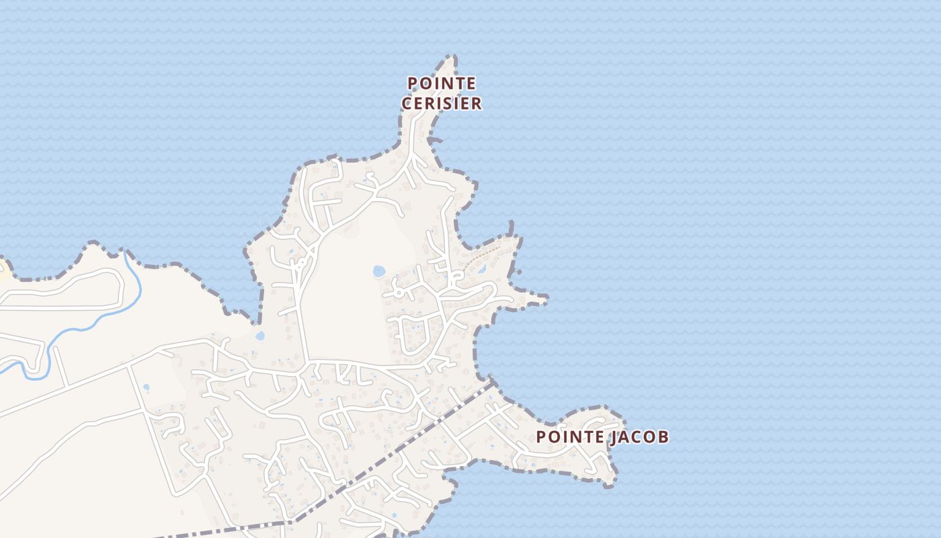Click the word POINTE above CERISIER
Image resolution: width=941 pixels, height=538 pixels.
[442, 83]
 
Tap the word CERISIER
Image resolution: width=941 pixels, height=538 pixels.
[442, 104]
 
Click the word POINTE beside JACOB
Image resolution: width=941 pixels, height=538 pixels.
[570, 437]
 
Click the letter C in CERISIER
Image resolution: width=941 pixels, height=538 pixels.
[407, 104]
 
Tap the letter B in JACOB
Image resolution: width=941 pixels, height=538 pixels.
[663, 437]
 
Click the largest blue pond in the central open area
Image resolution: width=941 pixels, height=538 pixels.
[379, 271]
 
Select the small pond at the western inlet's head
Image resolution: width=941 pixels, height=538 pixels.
[260, 335]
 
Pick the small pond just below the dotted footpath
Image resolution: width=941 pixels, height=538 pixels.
[482, 269]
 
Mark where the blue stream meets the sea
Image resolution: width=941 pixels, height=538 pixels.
[126, 253]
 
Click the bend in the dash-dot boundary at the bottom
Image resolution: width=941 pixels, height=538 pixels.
[294, 521]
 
